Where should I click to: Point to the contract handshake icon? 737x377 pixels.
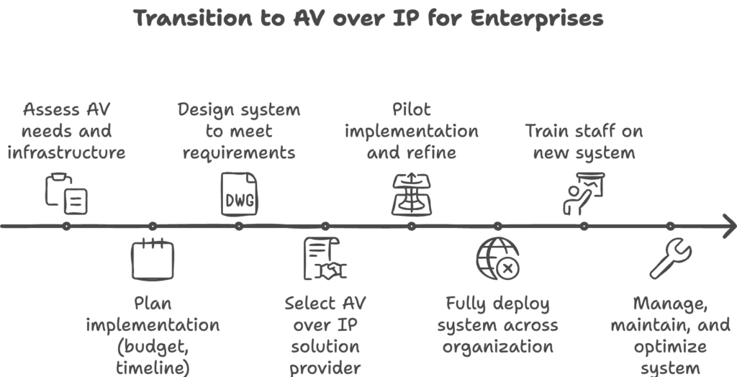coord(325,258)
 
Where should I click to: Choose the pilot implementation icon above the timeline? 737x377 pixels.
coord(412,194)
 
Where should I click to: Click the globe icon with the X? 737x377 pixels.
coord(497,258)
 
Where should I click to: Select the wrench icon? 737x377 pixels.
coord(670,258)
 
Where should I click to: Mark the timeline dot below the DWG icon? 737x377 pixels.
coord(239,226)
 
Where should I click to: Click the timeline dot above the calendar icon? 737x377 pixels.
coord(153,226)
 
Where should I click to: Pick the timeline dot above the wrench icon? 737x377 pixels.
coord(670,226)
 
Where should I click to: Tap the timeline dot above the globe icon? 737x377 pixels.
coord(497,226)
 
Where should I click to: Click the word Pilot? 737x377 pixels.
coord(412,111)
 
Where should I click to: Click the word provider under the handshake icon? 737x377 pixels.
coord(325,368)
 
